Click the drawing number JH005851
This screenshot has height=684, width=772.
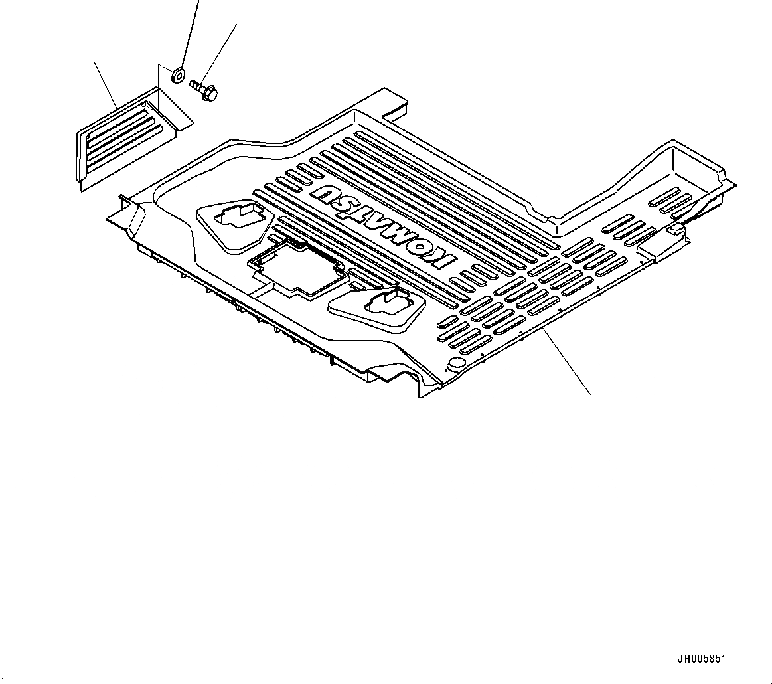702,660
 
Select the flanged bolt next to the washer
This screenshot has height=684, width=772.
204,90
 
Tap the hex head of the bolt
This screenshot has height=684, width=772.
210,95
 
